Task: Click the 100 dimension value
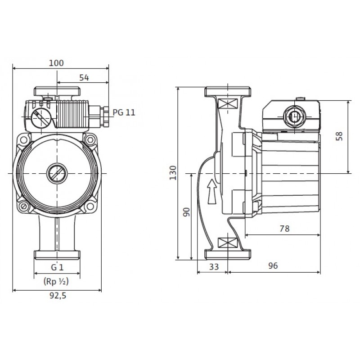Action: pyautogui.click(x=56, y=63)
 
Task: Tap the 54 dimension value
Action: pyautogui.click(x=84, y=77)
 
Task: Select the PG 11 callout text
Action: pyautogui.click(x=124, y=112)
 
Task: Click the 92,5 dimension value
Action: pyautogui.click(x=58, y=296)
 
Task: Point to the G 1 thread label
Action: pyautogui.click(x=57, y=267)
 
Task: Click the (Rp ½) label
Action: pyautogui.click(x=56, y=282)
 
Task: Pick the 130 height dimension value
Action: pyautogui.click(x=173, y=173)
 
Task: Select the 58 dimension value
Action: pyautogui.click(x=339, y=136)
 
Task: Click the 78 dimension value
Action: pyautogui.click(x=285, y=229)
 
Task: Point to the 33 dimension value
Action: pyautogui.click(x=214, y=267)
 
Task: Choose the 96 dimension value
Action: pyautogui.click(x=273, y=265)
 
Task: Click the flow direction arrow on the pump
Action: pyautogui.click(x=212, y=192)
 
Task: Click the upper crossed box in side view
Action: pyautogui.click(x=227, y=103)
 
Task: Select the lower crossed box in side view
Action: pyautogui.click(x=227, y=243)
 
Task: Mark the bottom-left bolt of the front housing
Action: pyautogui.click(x=23, y=206)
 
